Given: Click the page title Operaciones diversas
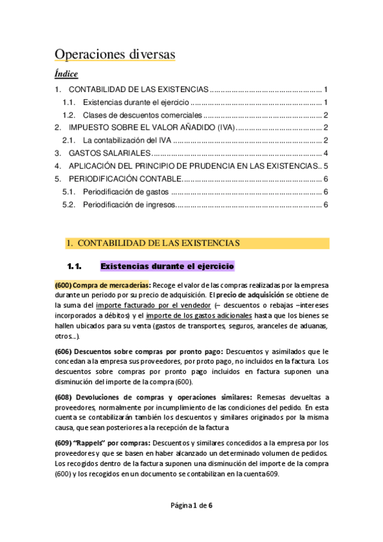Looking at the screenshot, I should click(114, 54).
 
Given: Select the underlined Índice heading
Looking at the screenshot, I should click(66, 74).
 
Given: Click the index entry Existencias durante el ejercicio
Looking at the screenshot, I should click(136, 102).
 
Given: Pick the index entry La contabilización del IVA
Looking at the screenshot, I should click(128, 141).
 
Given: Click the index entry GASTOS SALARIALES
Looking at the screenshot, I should click(109, 153).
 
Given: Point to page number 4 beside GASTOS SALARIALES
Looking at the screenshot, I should click(325, 153).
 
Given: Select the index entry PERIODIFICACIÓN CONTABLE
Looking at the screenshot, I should click(125, 179).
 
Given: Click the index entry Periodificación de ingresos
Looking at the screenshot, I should click(128, 205).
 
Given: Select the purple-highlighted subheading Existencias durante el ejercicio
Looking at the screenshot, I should click(168, 266).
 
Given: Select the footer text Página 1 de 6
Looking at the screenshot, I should click(191, 505).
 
